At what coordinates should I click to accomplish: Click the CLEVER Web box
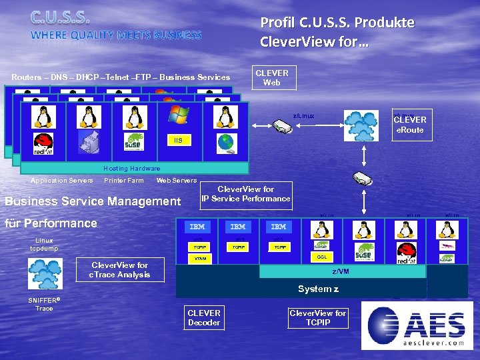(x=271, y=78)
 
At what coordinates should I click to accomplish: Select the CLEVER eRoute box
(x=409, y=125)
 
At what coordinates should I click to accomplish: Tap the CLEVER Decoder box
(x=203, y=317)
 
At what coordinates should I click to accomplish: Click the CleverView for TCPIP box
(x=317, y=317)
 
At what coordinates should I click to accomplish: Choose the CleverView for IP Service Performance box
(x=246, y=193)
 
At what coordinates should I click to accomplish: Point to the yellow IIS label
(x=177, y=141)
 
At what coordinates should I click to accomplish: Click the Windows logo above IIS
(x=178, y=115)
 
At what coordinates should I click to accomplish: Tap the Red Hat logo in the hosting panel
(x=43, y=143)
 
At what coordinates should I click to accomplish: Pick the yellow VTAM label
(x=198, y=257)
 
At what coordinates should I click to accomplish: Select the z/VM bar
(x=341, y=271)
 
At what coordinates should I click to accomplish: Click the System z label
(x=318, y=289)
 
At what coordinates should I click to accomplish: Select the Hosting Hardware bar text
(x=131, y=168)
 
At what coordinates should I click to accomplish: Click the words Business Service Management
(x=93, y=201)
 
